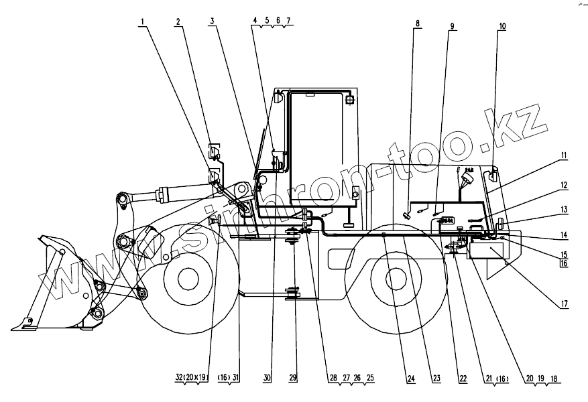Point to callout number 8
[418, 25]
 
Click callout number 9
[452, 26]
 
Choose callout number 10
[502, 27]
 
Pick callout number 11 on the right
[564, 156]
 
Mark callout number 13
[565, 210]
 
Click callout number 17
[565, 304]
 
